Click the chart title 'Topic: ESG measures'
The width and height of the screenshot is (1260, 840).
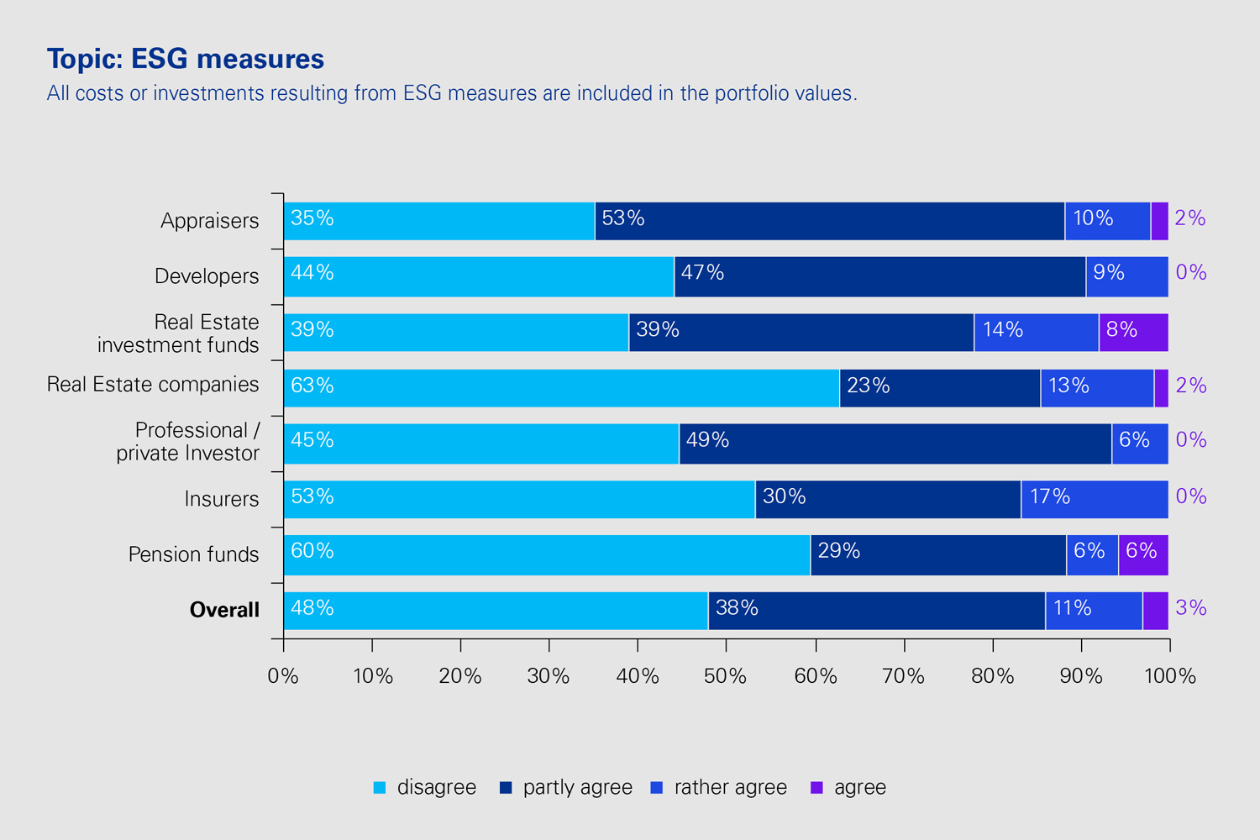click(x=186, y=59)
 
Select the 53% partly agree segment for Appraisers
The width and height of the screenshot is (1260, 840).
click(x=829, y=221)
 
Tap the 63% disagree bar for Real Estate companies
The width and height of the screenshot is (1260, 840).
click(x=561, y=388)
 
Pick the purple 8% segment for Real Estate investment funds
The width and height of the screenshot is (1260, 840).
click(x=1133, y=333)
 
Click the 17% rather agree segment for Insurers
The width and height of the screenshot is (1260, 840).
click(x=1095, y=499)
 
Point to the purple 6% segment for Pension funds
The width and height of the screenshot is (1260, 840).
click(x=1142, y=554)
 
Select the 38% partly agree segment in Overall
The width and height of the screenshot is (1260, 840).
click(x=876, y=611)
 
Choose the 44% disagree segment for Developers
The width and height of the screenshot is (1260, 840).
click(x=479, y=276)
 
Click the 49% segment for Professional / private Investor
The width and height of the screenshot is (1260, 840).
click(x=895, y=444)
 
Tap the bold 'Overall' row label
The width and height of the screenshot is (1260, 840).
click(x=224, y=610)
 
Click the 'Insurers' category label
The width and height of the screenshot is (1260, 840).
click(x=222, y=499)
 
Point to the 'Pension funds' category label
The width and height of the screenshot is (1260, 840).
click(x=194, y=554)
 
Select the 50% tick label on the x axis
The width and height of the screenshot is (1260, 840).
click(x=726, y=676)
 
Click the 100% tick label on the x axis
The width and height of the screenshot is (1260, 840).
click(x=1169, y=676)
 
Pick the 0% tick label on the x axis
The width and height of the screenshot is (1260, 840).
click(x=283, y=676)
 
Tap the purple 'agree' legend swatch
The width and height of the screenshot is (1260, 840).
click(x=816, y=788)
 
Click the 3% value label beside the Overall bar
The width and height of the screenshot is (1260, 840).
click(x=1190, y=608)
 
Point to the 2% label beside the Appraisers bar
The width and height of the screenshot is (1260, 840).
click(x=1189, y=218)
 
